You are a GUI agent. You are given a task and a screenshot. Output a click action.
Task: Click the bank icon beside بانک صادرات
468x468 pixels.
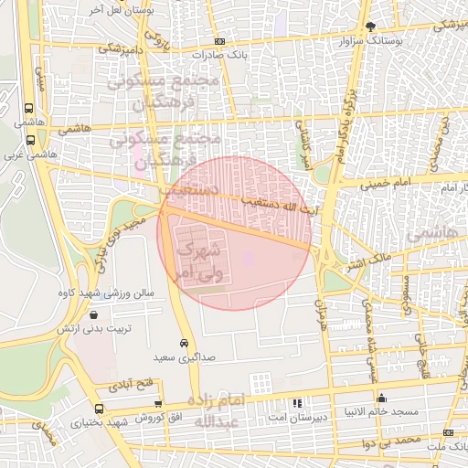(218, 41)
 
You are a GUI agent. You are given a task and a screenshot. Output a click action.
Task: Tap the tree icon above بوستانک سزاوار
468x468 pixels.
(370, 27)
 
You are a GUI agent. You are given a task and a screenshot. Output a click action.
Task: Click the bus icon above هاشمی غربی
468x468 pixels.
(31, 141)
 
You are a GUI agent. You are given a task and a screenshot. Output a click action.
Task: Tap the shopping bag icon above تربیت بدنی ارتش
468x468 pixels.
(70, 314)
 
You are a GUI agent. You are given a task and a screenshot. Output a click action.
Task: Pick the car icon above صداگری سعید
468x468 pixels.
(185, 344)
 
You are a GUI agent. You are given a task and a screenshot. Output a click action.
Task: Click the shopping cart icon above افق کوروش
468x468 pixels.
(159, 403)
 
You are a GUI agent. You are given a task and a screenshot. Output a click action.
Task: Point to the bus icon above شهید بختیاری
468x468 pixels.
(99, 409)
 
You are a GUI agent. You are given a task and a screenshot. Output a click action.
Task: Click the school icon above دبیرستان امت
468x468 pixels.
(295, 402)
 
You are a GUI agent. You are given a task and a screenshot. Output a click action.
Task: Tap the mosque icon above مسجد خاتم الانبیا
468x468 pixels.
(382, 398)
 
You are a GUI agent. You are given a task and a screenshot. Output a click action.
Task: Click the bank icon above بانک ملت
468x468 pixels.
(448, 432)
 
